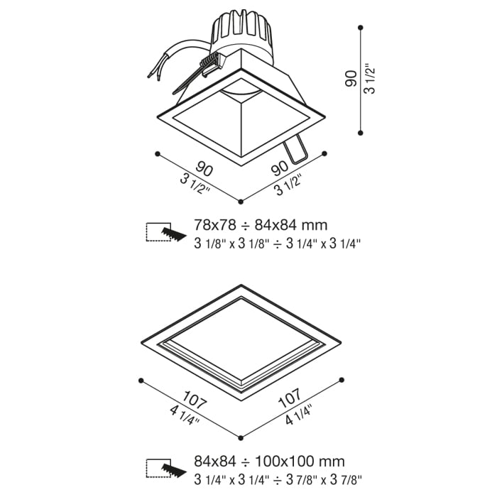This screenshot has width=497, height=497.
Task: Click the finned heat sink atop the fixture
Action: click(x=241, y=35)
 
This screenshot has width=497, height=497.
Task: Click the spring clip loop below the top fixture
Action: click(x=295, y=150)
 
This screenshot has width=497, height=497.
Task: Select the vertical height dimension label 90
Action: click(x=351, y=80)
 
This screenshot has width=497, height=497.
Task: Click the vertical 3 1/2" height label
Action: click(x=370, y=80)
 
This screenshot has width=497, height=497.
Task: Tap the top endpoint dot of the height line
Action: click(x=360, y=28)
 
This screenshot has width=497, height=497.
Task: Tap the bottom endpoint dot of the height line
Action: click(x=360, y=133)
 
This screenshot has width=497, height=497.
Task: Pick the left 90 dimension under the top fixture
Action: click(x=204, y=169)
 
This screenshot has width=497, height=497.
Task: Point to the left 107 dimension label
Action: click(x=195, y=400)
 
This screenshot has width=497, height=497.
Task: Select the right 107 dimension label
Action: click(x=289, y=398)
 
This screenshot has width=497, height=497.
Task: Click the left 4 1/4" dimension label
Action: click(x=185, y=415)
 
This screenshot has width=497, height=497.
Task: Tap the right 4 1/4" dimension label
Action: click(x=299, y=414)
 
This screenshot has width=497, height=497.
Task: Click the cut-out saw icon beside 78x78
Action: click(x=166, y=232)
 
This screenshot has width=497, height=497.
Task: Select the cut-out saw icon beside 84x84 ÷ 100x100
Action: click(x=166, y=468)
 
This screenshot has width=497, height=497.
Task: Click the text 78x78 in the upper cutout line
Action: click(x=215, y=225)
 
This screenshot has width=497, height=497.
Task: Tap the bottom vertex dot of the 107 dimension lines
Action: click(x=241, y=438)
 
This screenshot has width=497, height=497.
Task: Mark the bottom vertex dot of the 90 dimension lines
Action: click(x=241, y=202)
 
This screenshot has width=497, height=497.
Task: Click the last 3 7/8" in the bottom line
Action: click(x=346, y=480)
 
